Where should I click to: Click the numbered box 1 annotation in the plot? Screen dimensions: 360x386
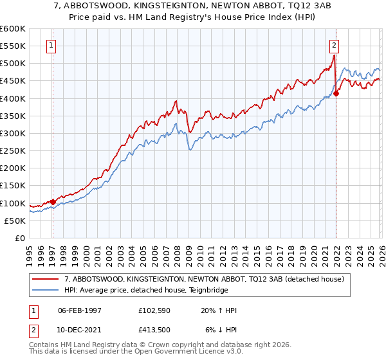51,45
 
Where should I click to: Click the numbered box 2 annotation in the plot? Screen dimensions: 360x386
335,45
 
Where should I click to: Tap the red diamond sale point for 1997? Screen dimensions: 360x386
53,202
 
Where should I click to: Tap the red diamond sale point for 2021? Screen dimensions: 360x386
336,93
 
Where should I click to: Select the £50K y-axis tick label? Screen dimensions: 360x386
15,221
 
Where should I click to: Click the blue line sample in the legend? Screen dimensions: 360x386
46,290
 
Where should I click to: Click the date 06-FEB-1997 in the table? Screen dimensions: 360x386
80,310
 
